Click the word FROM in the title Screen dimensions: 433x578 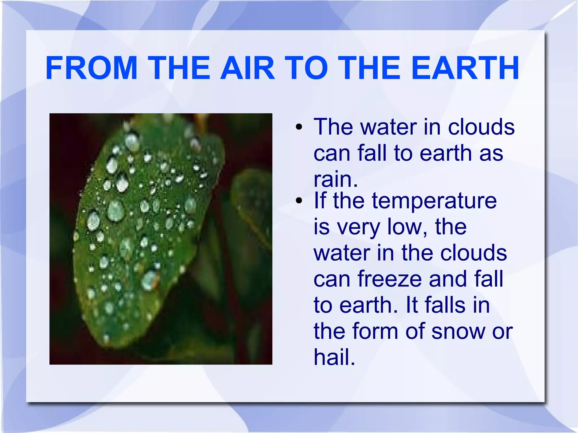click(91, 68)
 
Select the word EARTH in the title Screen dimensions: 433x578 click(465, 68)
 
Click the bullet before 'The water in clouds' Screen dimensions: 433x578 click(299, 127)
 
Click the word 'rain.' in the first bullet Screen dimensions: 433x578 click(336, 179)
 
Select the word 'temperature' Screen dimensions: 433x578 click(434, 201)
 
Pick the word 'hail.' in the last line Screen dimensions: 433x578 click(334, 357)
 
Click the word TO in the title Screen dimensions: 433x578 click(306, 68)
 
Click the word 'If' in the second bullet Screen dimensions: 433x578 click(320, 201)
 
